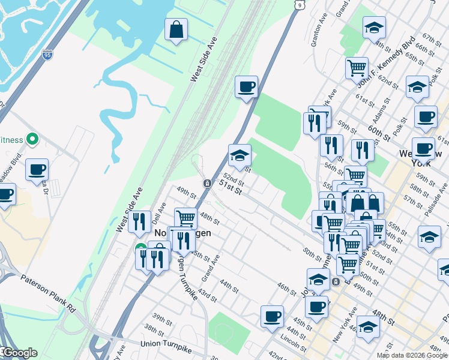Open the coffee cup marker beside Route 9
coord(246,87)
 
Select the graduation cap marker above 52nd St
coord(240,155)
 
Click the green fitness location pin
coord(33,140)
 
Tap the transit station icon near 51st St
coord(206,183)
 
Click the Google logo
coord(19,353)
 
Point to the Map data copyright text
coord(412,355)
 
